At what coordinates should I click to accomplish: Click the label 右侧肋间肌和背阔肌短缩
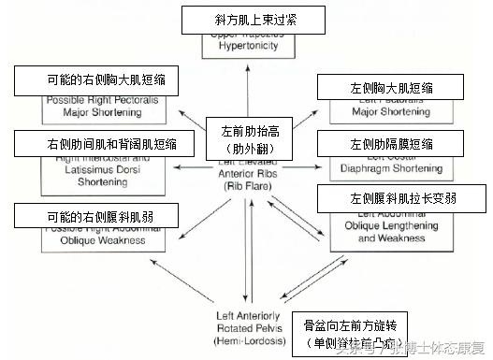pyautogui.click(x=106, y=144)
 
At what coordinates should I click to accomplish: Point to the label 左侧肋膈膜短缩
pyautogui.click(x=391, y=144)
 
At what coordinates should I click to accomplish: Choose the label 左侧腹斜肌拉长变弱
pyautogui.click(x=401, y=199)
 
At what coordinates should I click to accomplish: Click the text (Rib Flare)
pyautogui.click(x=246, y=185)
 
